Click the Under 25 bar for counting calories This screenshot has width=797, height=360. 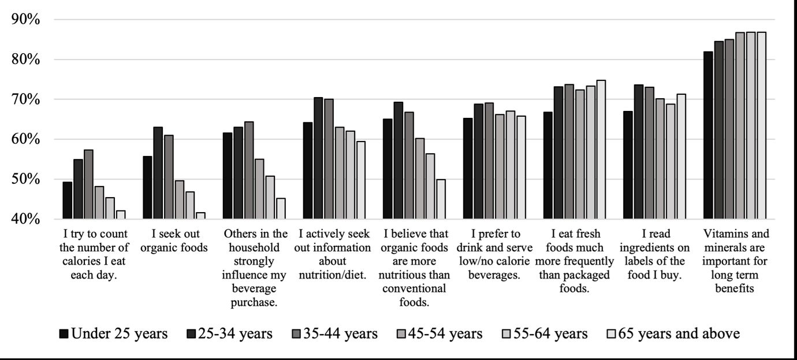click(x=68, y=201)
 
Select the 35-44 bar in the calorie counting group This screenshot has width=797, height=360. click(x=88, y=184)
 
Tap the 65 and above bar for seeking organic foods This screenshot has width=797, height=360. click(x=200, y=216)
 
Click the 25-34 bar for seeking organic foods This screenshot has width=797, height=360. click(x=158, y=173)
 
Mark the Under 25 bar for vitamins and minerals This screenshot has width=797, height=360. click(x=708, y=135)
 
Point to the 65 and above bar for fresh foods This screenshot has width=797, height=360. click(x=601, y=150)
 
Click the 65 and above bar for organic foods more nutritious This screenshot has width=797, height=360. click(x=441, y=199)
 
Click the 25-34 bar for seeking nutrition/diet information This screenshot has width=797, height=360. click(x=318, y=158)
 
